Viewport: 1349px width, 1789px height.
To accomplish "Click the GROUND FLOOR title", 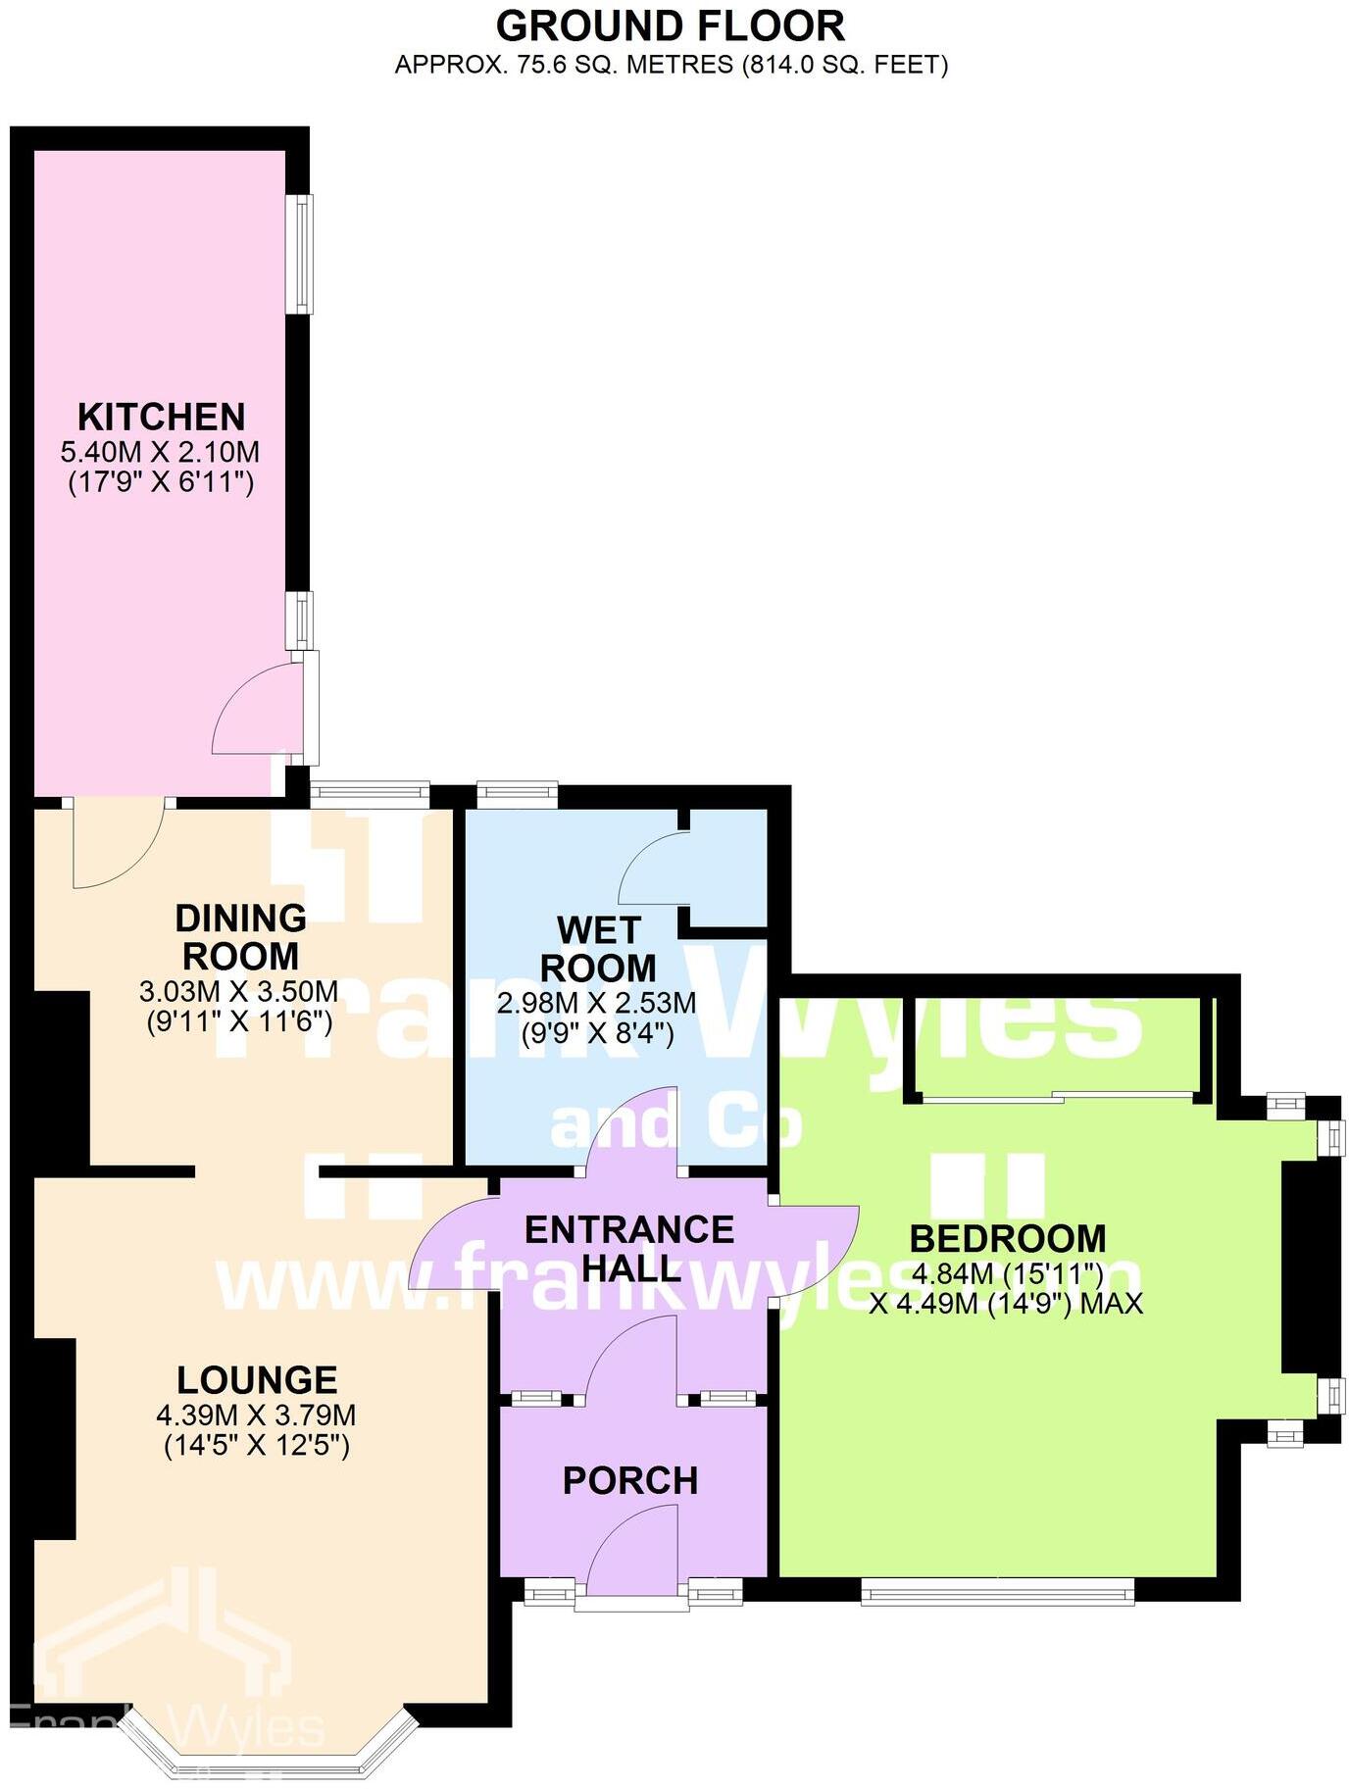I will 671,26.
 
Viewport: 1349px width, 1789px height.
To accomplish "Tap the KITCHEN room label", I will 162,418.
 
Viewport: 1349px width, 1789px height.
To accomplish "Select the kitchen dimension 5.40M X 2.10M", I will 161,453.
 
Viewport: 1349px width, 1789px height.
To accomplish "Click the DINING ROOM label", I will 240,937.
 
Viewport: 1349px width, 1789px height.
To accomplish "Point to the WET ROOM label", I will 598,949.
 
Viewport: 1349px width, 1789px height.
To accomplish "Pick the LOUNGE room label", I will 257,1380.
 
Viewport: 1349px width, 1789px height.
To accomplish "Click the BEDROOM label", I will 1008,1239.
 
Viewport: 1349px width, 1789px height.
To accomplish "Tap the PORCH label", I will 630,1480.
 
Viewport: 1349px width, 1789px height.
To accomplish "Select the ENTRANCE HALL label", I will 629,1249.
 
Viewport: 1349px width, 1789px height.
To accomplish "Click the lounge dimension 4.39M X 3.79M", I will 256,1416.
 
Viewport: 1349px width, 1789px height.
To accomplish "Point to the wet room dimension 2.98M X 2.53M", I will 597,1003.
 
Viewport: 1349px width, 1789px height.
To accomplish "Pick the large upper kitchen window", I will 305,254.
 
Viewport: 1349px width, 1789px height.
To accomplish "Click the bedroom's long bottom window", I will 997,1591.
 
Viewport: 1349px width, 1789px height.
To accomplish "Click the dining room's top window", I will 370,793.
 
